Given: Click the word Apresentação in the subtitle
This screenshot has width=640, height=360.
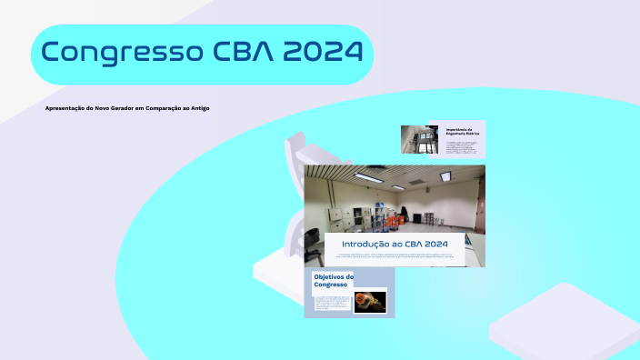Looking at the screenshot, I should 65,108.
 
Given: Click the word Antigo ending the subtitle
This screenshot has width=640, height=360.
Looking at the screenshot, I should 199,108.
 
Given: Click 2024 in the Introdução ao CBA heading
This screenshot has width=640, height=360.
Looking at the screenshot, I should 434,245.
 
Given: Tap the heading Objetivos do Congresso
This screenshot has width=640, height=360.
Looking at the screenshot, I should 333,280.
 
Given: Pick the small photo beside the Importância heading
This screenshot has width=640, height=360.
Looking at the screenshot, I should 421,139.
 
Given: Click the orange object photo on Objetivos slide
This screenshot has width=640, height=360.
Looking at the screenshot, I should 368,301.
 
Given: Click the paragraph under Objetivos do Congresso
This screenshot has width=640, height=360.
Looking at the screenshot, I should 330,302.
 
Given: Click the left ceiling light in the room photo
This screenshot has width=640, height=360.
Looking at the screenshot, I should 367,177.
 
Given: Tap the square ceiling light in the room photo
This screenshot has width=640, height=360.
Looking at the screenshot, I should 445,176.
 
